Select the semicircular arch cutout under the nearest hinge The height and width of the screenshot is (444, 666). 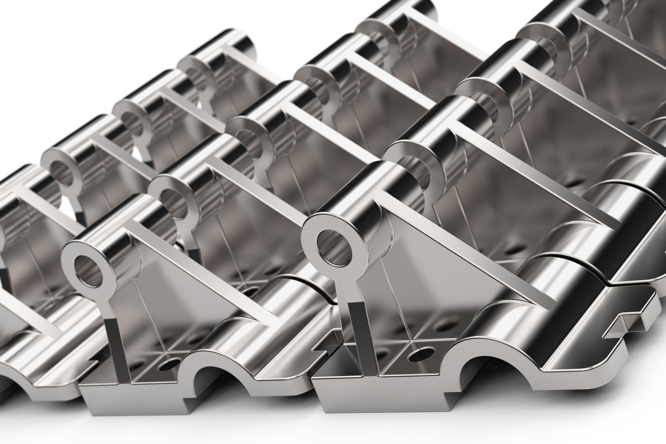[x=478, y=373]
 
